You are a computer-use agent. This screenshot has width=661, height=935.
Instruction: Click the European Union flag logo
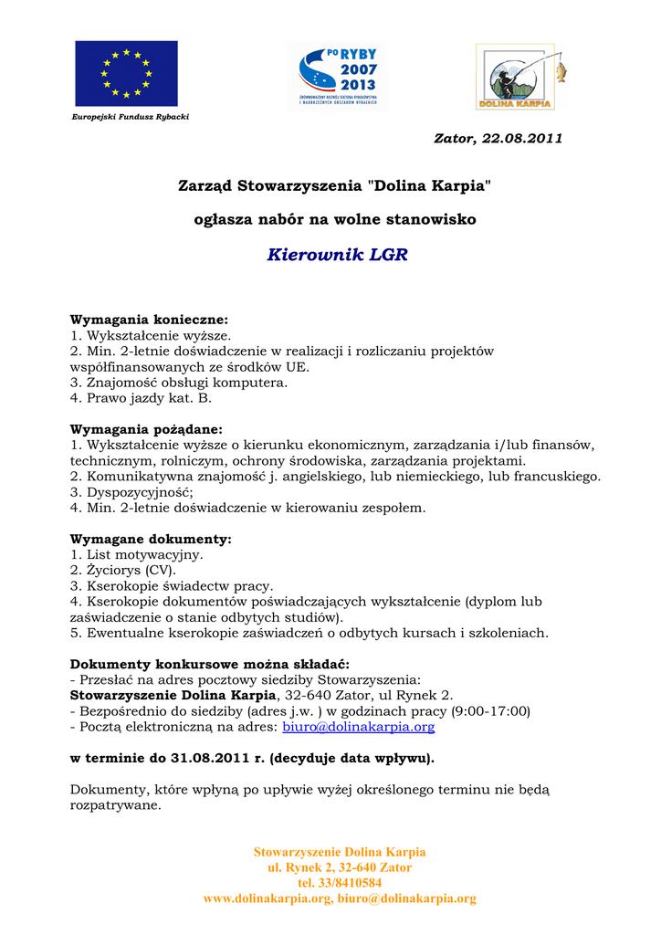pos(126,73)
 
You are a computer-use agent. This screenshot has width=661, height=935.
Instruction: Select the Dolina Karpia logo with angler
pos(519,77)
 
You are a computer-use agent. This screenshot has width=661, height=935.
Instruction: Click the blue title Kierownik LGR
pos(337,255)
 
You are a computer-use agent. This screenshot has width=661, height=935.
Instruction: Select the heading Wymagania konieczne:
pos(149,320)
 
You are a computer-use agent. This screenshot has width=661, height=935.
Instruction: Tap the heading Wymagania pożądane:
pos(146,429)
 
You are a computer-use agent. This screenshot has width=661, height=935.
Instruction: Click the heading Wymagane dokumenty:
pos(151,540)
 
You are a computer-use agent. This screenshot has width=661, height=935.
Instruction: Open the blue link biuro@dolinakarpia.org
pos(359,727)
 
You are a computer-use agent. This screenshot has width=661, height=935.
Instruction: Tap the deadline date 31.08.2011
pos(205,758)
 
